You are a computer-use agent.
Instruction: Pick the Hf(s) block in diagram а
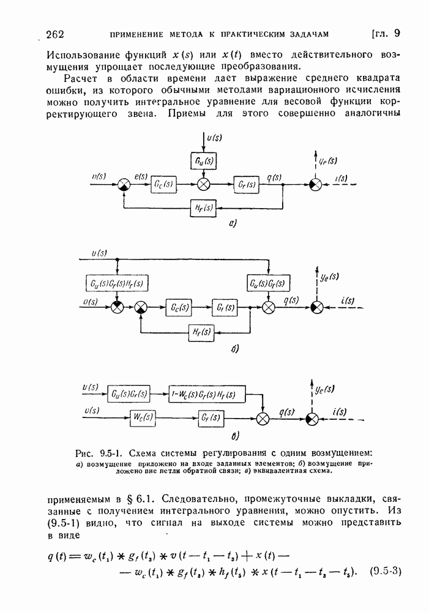203,207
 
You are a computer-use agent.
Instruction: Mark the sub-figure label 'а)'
233,225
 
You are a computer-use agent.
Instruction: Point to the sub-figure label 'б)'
234,349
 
